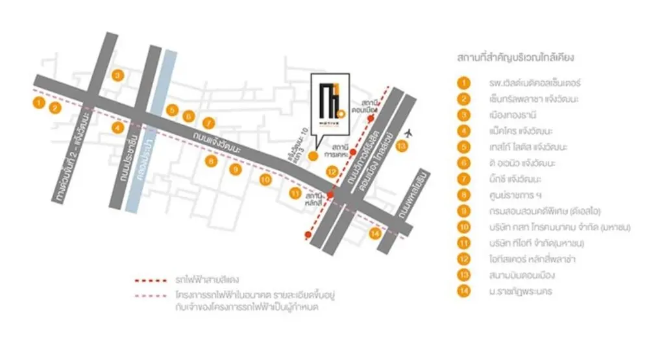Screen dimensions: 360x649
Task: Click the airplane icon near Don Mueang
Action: coord(408,132)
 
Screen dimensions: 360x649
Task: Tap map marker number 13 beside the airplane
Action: coord(402,147)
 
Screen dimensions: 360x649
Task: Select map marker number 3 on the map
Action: coord(117,75)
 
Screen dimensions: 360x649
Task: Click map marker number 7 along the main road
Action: coord(208,123)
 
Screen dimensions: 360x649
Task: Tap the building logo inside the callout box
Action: coord(330,106)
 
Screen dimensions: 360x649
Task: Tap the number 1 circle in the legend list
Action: coord(463,83)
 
